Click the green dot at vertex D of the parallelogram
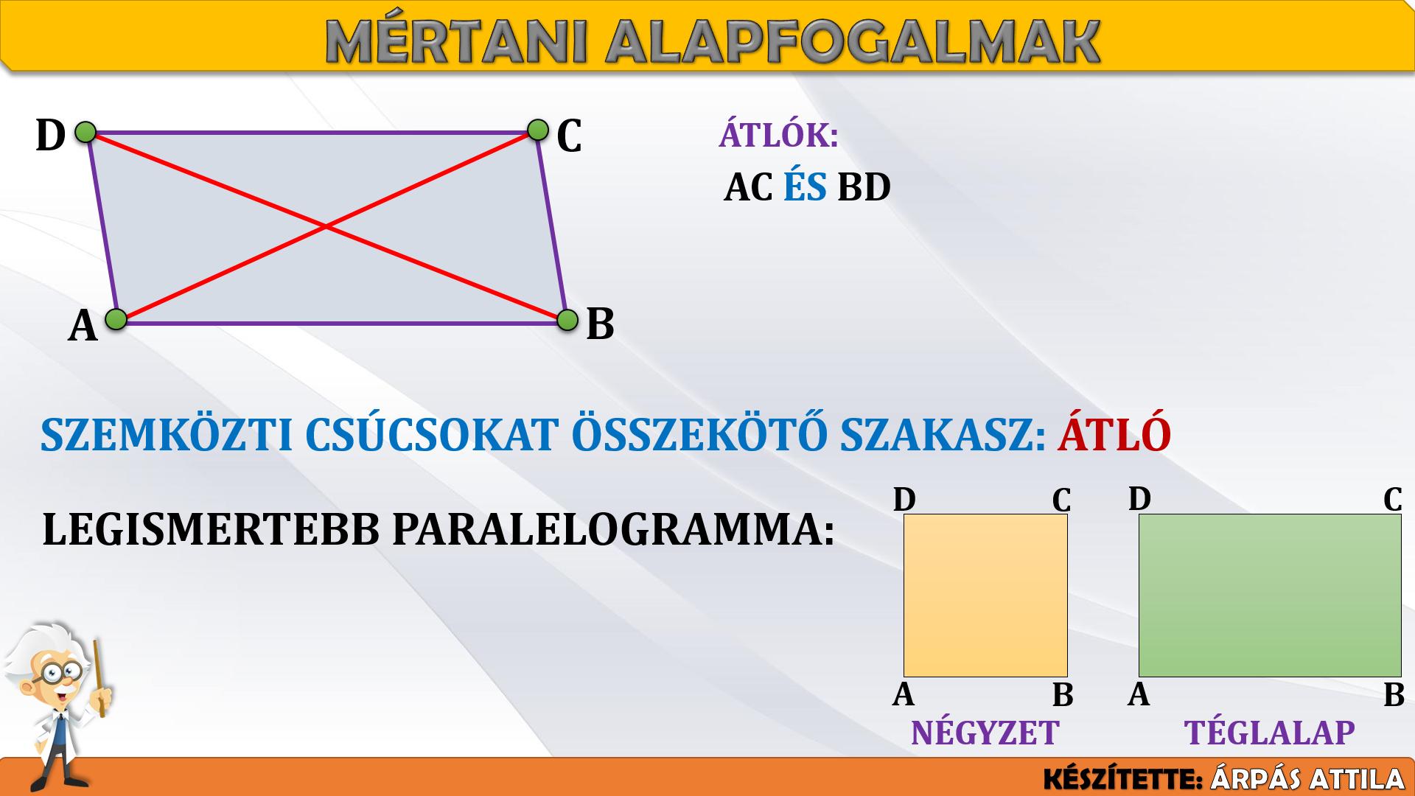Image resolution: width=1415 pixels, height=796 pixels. (x=85, y=133)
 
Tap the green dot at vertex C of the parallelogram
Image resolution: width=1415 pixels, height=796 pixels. (x=538, y=130)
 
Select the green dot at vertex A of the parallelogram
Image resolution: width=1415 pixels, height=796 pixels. (x=116, y=319)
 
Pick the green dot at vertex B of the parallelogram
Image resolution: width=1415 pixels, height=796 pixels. (x=567, y=321)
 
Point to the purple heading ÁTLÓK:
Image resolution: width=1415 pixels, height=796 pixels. (x=778, y=135)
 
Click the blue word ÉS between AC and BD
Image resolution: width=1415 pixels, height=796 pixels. (x=805, y=186)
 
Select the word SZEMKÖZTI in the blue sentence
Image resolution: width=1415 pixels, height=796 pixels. (x=167, y=435)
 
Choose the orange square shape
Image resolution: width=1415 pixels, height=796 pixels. (x=985, y=596)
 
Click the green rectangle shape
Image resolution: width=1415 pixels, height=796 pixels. (x=1270, y=596)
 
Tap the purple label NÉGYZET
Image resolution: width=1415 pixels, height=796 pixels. (x=985, y=733)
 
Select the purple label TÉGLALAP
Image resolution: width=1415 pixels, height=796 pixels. (x=1270, y=733)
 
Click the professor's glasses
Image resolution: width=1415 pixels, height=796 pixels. (x=60, y=671)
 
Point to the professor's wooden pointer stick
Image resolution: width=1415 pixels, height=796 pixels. (x=99, y=678)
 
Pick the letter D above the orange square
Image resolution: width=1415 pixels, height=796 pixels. (x=904, y=500)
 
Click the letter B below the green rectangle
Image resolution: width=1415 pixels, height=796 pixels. (x=1394, y=695)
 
